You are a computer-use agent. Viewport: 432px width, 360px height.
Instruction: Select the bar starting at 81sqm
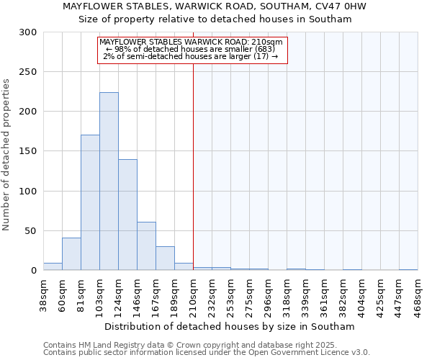tap(90, 202)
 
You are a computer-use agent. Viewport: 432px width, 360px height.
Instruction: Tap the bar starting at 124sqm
tap(127, 215)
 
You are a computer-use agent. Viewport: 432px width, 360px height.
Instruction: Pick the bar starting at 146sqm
tap(146, 246)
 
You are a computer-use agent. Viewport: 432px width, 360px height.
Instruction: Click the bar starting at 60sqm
tap(71, 254)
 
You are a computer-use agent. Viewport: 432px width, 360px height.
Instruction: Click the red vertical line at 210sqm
tap(193, 166)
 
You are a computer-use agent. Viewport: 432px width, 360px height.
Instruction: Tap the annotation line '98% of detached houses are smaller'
tap(192, 49)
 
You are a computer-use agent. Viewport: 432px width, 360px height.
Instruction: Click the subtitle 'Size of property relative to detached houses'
tap(215, 19)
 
